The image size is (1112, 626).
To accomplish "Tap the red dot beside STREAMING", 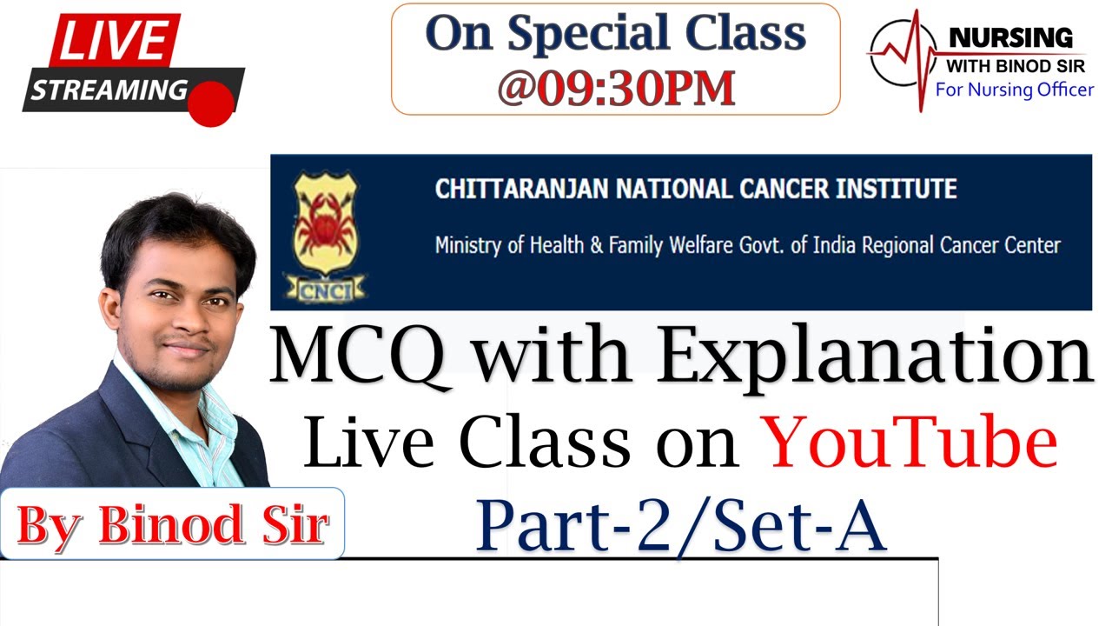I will pyautogui.click(x=211, y=103).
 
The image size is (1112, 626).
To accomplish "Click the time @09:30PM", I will pyautogui.click(x=616, y=87).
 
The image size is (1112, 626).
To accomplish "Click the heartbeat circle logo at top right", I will pyautogui.click(x=901, y=54).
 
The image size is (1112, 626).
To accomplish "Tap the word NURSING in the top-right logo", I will pyautogui.click(x=1010, y=38).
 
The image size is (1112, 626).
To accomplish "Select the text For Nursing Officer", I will pyautogui.click(x=1014, y=90).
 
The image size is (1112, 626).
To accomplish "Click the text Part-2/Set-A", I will pyautogui.click(x=681, y=524).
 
